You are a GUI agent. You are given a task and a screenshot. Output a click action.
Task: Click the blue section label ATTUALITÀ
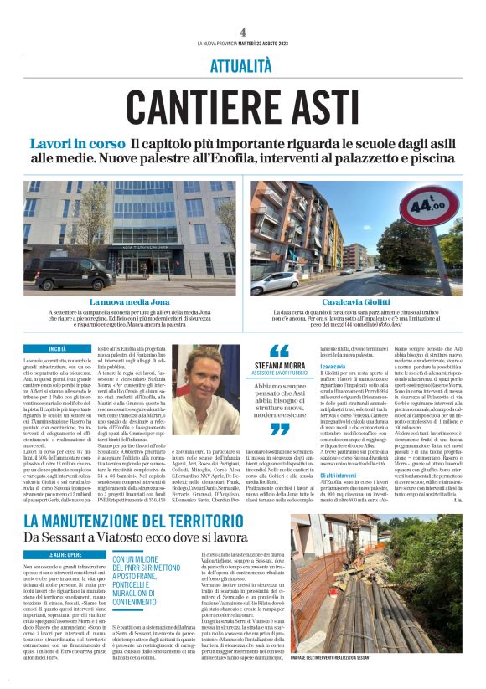242,64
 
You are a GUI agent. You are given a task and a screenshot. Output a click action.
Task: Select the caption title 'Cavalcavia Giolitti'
359,301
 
